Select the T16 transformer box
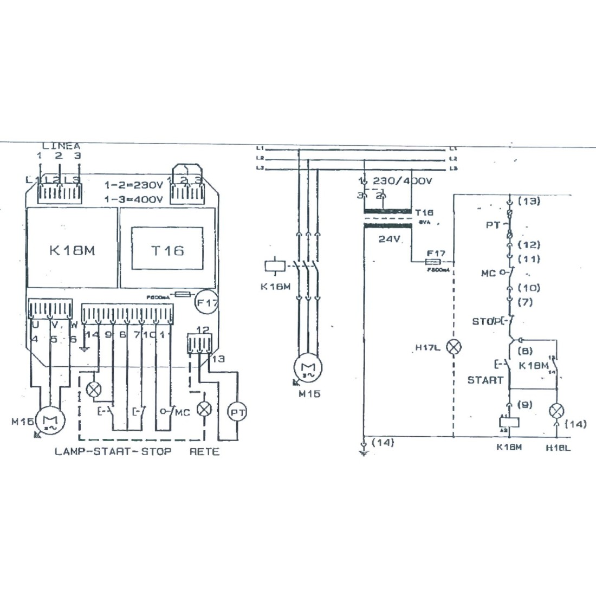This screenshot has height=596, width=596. [167, 250]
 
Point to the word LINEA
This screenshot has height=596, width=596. [61, 146]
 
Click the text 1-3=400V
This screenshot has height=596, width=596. [134, 199]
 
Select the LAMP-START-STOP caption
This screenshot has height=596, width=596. [113, 451]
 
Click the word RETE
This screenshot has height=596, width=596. [204, 451]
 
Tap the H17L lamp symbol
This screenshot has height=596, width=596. [453, 347]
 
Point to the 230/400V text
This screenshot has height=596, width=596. [403, 181]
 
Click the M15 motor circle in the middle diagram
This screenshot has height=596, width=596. [308, 368]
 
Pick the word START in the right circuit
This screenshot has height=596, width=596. [485, 380]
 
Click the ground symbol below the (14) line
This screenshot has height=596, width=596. [364, 452]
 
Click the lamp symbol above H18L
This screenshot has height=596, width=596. [555, 411]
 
